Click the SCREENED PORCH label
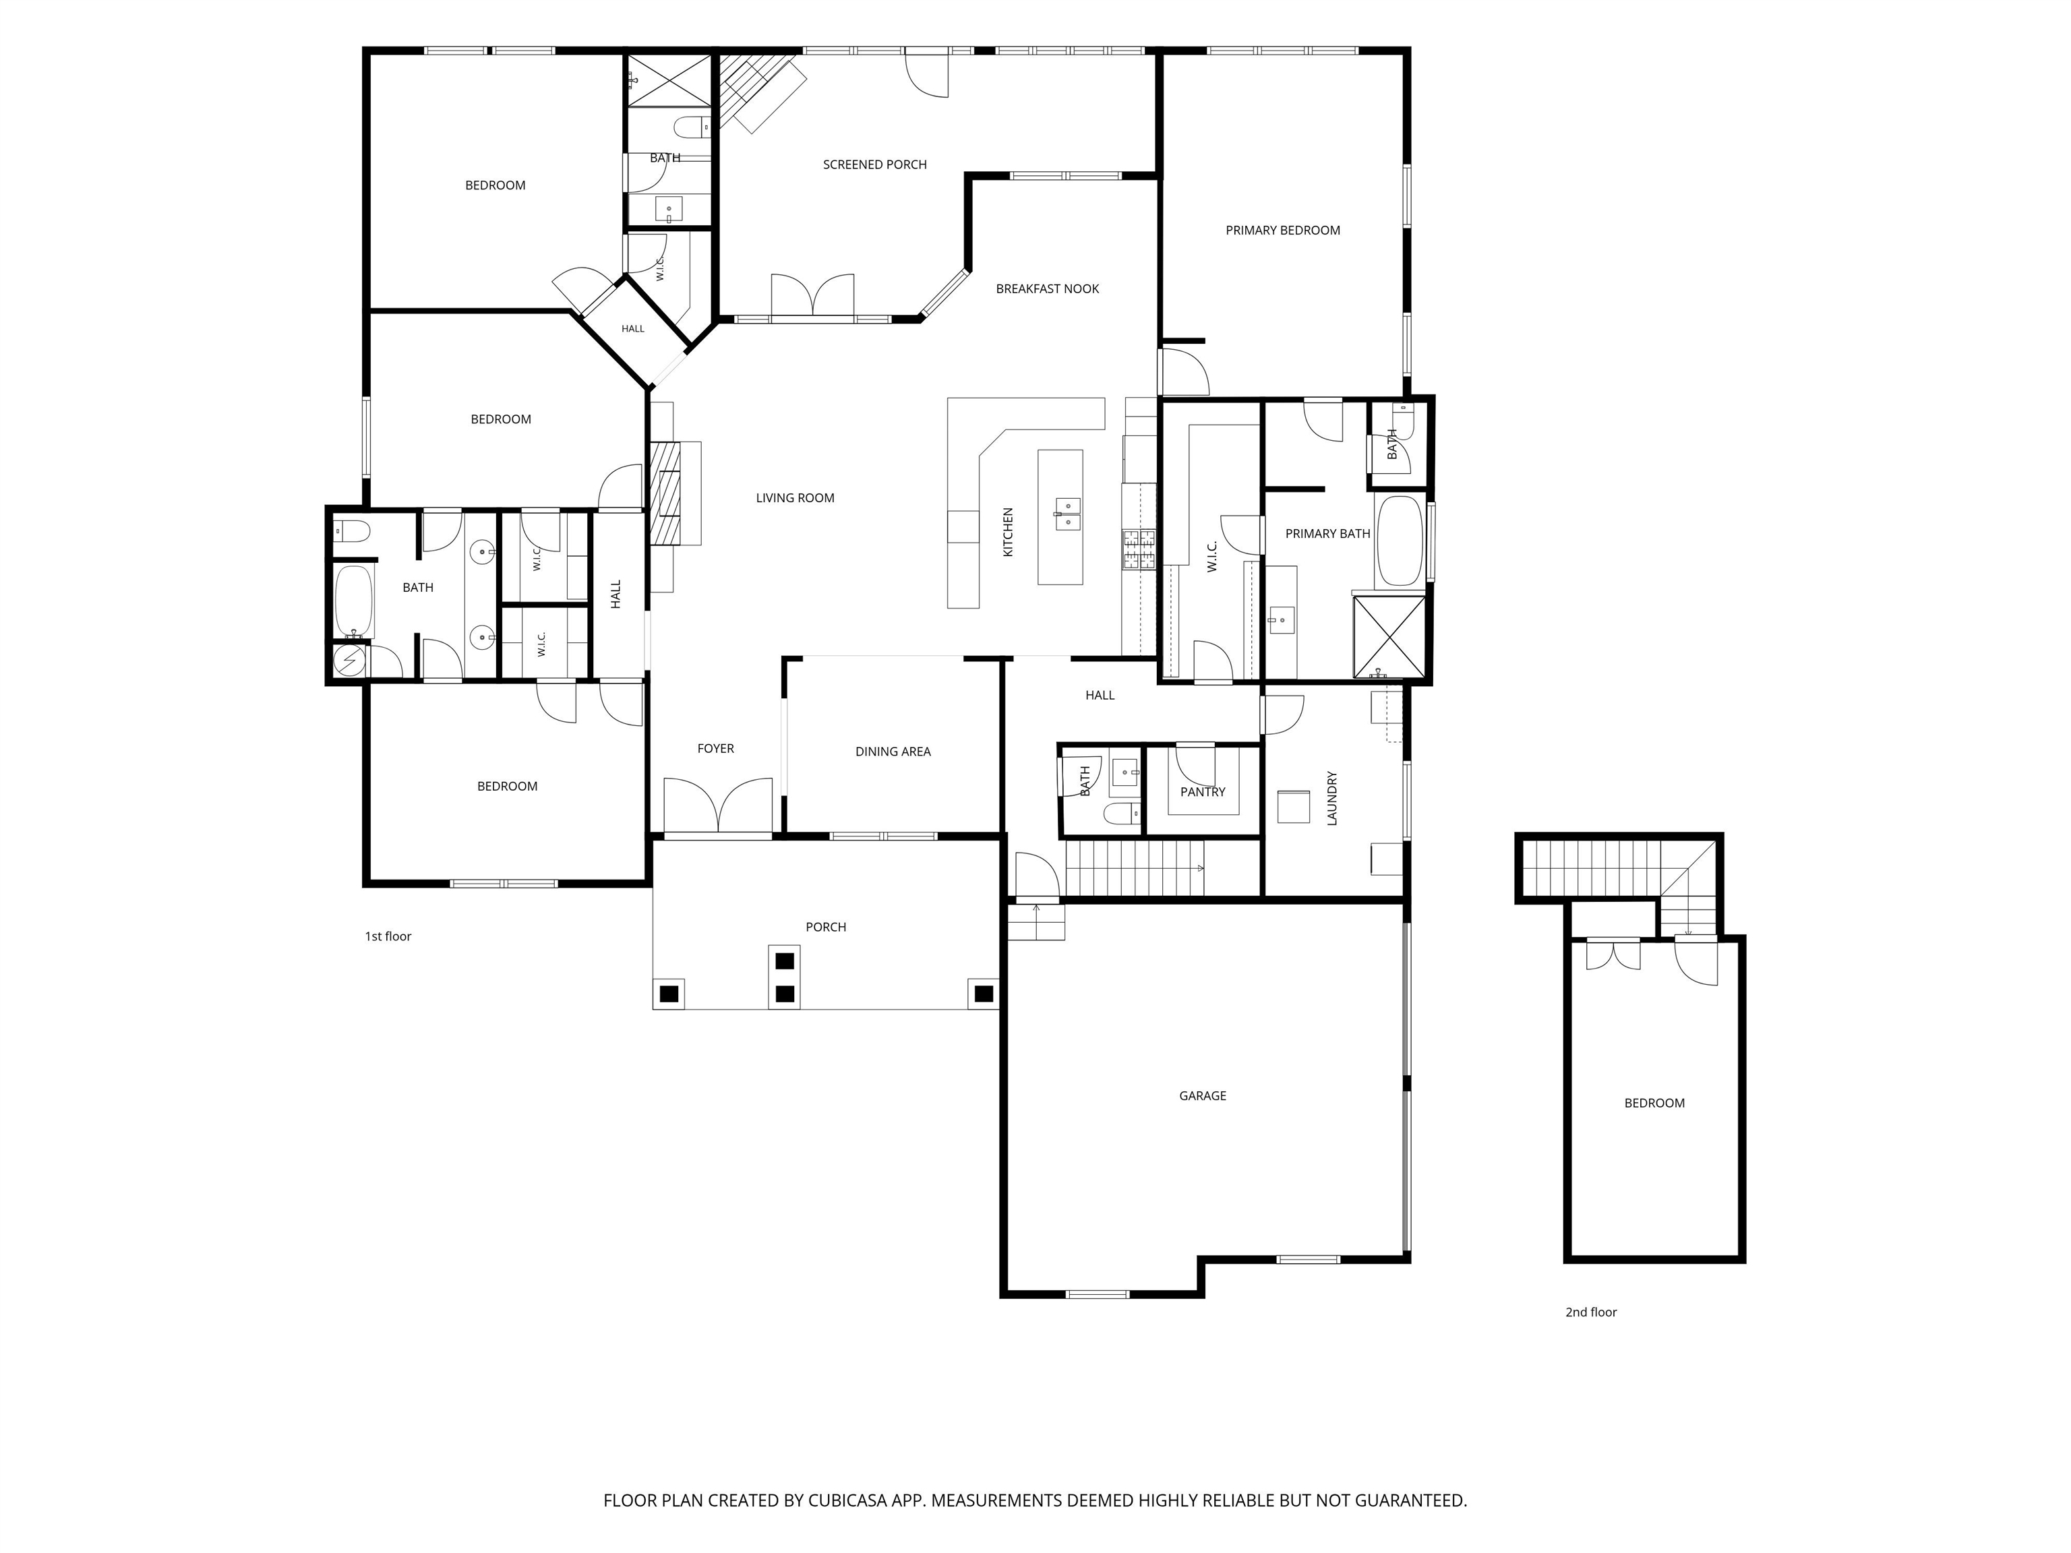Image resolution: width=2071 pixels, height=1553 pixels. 874,164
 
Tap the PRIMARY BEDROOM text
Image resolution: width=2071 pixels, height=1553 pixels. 1283,231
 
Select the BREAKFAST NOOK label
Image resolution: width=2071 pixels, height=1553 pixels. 1047,289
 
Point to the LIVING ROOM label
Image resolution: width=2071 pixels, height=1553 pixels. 795,498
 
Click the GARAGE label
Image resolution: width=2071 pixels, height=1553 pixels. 1202,1095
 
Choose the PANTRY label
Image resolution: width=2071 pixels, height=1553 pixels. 1202,792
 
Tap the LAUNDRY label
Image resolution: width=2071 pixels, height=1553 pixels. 1331,799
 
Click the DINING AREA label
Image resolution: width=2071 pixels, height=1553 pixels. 893,752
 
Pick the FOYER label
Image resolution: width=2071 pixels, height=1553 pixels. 715,749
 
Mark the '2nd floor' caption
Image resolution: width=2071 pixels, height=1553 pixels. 1591,1312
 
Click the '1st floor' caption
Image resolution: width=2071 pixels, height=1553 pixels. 388,936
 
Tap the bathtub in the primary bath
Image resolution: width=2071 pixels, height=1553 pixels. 1400,541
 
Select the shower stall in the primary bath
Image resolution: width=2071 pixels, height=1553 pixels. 1389,636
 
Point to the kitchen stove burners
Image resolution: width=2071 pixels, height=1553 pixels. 1139,549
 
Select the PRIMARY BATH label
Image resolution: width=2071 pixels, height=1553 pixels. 1327,534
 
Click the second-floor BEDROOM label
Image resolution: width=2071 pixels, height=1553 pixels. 1654,1103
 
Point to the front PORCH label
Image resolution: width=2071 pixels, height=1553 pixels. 826,927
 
